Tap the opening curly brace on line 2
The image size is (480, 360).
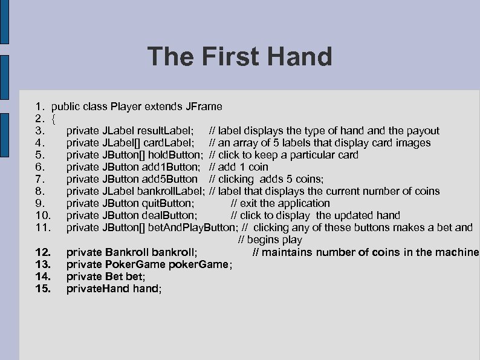(54, 119)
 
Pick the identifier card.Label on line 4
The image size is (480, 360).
(172, 143)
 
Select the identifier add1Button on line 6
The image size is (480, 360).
(170, 167)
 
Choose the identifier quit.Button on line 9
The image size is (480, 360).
(166, 203)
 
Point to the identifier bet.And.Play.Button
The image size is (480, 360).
(192, 227)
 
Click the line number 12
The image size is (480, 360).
(43, 252)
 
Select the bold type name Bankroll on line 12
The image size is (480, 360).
(126, 252)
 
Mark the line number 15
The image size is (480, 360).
(43, 289)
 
